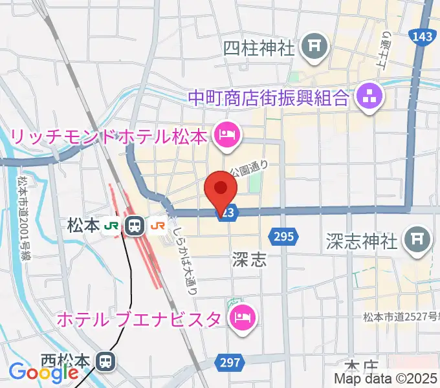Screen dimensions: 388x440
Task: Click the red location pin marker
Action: coord(220,190)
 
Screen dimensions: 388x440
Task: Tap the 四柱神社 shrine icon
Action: coord(316,47)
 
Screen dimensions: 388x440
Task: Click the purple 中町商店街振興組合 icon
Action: coord(369,98)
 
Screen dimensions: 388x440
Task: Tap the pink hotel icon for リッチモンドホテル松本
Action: coord(226,136)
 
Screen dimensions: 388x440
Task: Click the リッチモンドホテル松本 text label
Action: coord(109,137)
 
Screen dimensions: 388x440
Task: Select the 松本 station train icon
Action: coord(135,226)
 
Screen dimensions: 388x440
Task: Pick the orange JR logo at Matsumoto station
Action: coord(157,226)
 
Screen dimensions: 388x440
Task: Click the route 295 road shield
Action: coord(285,237)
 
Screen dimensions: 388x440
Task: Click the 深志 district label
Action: coord(249,260)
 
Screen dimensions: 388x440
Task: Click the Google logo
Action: coord(35,372)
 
